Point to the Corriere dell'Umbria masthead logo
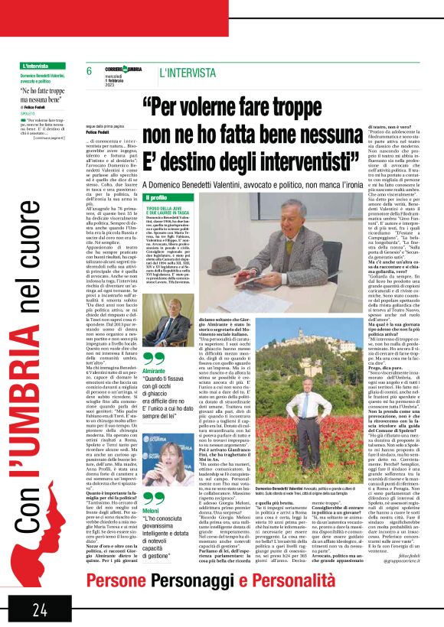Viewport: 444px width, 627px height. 122,71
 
